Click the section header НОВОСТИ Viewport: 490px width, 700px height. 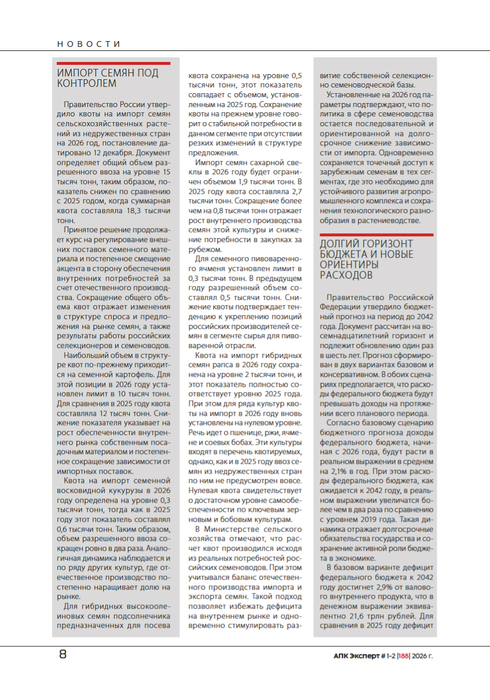(x=89, y=44)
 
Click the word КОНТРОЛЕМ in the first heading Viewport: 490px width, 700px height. (x=86, y=83)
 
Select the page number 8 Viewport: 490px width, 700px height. (x=63, y=655)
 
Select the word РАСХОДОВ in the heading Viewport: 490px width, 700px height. (x=346, y=275)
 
